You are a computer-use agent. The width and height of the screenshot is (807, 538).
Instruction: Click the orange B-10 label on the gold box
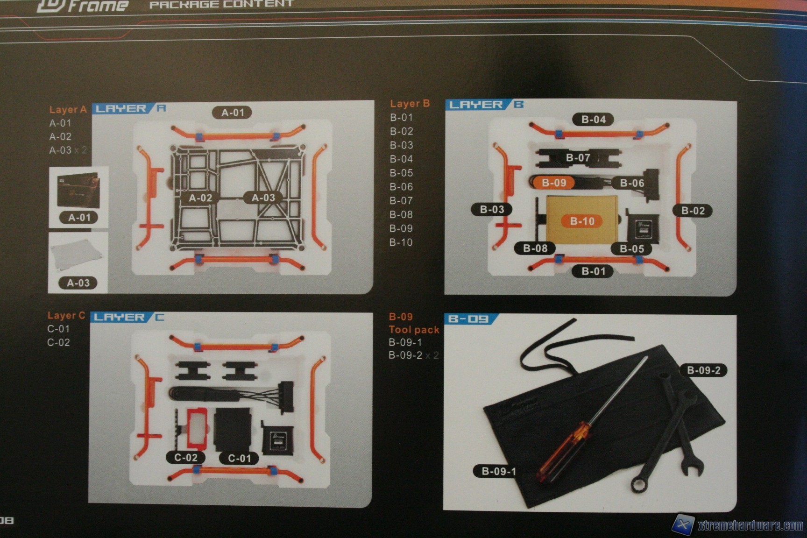tap(582, 221)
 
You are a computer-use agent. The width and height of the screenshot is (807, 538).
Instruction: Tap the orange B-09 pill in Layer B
tap(554, 183)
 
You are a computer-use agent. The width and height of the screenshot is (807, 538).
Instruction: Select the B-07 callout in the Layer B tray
tap(578, 158)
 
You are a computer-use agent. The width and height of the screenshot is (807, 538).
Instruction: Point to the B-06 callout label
tap(632, 183)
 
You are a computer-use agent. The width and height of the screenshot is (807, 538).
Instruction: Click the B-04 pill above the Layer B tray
tap(593, 120)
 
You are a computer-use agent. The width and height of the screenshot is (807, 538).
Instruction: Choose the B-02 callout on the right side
tap(693, 211)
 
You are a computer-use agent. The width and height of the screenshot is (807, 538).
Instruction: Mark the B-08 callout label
tap(535, 248)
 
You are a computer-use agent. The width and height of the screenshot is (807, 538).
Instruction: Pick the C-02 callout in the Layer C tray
tap(186, 457)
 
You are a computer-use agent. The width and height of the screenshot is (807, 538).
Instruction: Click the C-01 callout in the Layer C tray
tap(240, 458)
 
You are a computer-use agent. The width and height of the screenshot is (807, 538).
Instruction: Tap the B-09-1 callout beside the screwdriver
tap(498, 471)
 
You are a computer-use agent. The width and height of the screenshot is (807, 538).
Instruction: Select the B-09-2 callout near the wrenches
tap(703, 370)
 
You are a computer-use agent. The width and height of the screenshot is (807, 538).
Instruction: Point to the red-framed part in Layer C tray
tap(197, 427)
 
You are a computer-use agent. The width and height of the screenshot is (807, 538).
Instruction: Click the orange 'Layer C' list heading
tap(66, 316)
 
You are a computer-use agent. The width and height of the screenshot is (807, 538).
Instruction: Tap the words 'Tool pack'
tap(414, 330)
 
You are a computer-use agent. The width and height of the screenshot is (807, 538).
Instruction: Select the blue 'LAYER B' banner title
tap(484, 105)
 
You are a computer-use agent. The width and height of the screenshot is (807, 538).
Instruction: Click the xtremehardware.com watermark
tap(750, 525)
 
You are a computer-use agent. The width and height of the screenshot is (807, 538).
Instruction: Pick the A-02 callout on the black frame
tap(200, 198)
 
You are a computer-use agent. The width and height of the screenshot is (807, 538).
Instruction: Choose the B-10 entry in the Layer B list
tap(401, 242)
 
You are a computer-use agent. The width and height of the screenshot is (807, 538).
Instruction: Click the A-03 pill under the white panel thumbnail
tap(78, 283)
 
